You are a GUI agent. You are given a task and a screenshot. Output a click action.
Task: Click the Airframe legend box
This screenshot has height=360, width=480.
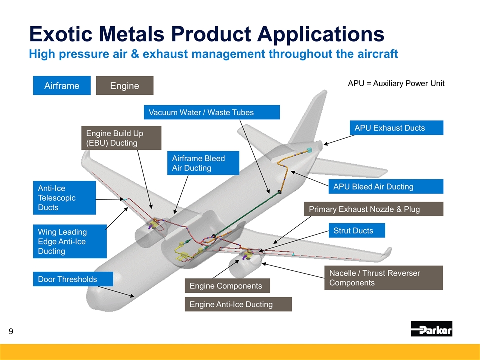[x=62, y=85]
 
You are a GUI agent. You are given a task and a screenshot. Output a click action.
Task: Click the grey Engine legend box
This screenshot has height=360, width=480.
[x=124, y=85]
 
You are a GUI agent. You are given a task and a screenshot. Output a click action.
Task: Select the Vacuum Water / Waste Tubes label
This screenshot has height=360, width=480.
[x=211, y=112]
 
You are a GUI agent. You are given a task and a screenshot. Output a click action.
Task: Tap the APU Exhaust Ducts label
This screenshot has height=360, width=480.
[x=396, y=128]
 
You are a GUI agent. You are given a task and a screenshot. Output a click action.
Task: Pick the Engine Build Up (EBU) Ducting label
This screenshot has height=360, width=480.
[x=121, y=138]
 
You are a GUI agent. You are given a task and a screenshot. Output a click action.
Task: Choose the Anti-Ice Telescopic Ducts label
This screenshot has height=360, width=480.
[x=64, y=197]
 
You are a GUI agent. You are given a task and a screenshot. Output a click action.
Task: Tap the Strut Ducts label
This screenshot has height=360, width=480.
[x=356, y=230]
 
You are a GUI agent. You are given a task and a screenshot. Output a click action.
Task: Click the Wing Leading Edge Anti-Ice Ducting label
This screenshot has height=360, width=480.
[x=70, y=241]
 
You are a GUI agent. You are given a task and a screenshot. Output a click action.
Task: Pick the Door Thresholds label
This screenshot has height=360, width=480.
[x=73, y=279]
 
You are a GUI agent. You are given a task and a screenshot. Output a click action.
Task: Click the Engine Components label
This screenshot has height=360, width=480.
[x=227, y=285]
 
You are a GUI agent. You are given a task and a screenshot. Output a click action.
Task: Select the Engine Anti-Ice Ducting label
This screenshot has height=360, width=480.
[x=238, y=304]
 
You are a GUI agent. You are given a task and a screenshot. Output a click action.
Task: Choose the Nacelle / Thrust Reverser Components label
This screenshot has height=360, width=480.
[x=383, y=278]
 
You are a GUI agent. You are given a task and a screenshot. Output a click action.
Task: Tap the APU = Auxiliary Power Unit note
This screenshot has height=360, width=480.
[x=396, y=83]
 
